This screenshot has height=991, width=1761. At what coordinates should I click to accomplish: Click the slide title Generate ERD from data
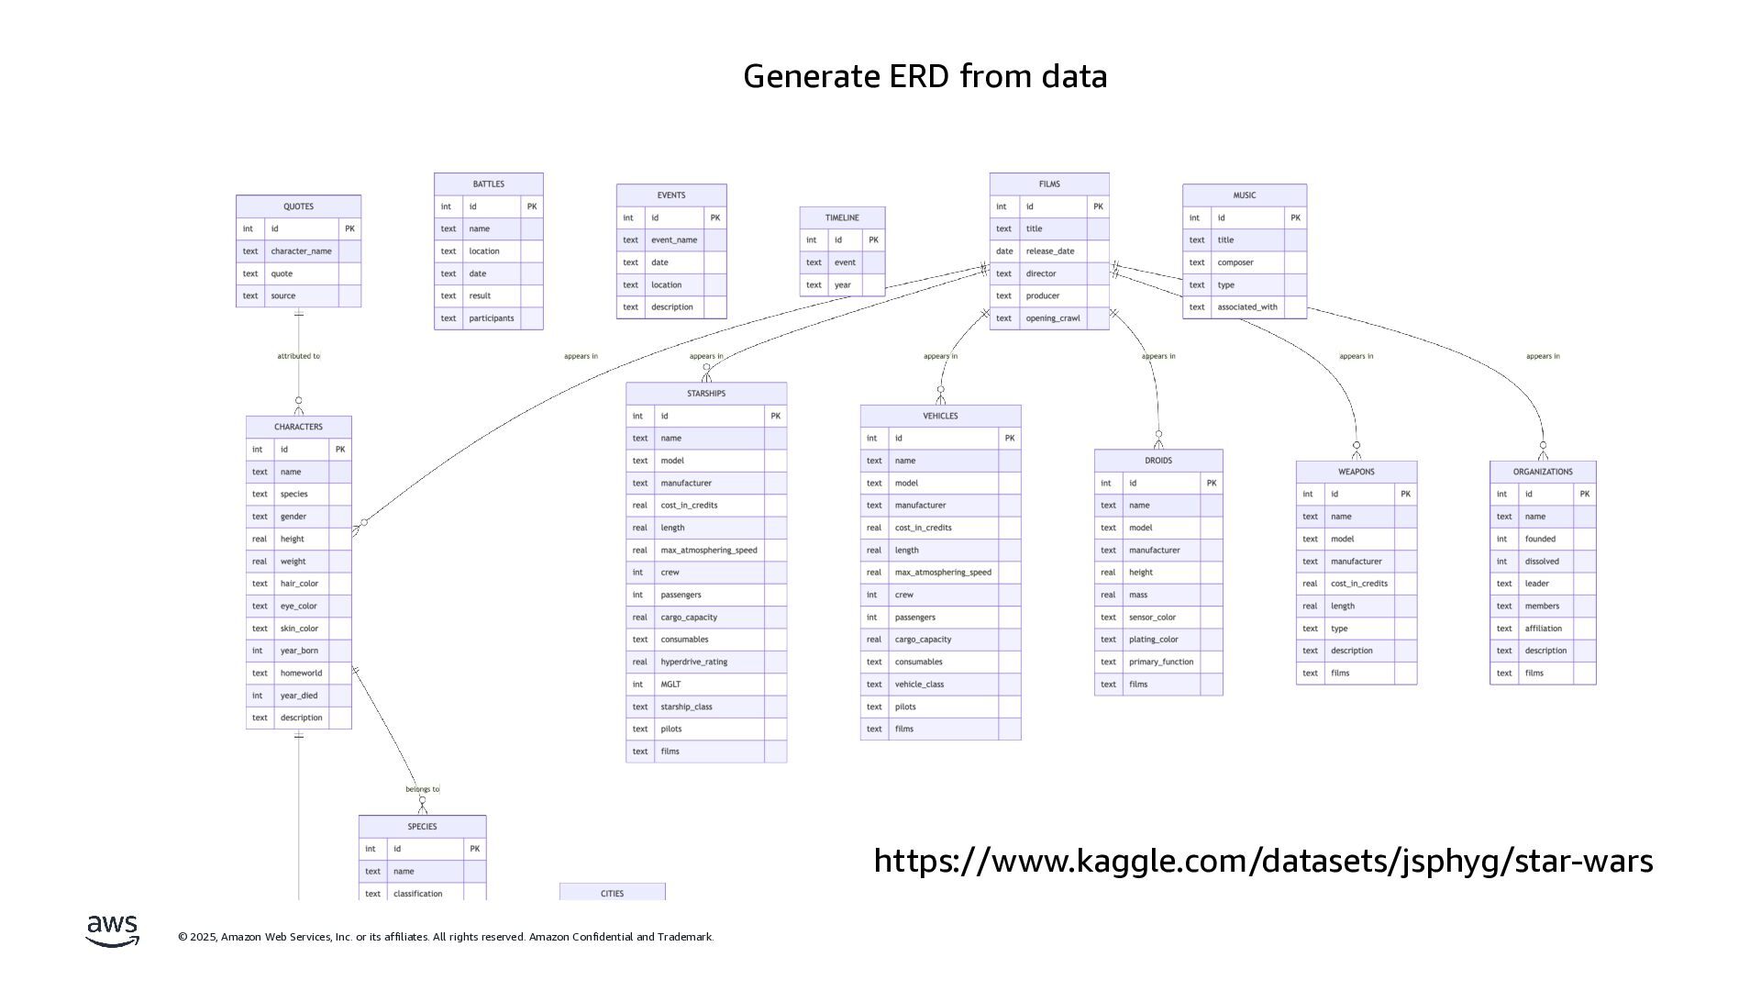925,76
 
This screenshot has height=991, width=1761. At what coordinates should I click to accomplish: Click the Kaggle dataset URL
1263,861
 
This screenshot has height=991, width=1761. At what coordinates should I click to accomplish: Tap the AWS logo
113,930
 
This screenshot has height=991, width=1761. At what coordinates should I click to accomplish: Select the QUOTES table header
298,206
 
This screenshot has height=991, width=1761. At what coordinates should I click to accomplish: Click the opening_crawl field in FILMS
1053,318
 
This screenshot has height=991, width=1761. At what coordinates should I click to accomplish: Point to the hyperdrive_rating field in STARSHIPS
693,662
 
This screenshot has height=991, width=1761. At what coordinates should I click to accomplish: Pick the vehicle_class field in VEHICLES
919,685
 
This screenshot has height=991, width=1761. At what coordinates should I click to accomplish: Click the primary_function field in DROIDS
1160,662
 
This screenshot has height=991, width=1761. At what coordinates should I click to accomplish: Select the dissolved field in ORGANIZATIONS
1541,562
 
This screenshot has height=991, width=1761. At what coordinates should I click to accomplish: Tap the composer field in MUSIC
1235,262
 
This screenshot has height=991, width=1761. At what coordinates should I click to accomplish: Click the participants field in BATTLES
491,318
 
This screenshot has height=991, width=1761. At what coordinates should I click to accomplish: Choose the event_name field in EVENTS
674,240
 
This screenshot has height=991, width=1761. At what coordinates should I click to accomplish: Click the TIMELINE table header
842,217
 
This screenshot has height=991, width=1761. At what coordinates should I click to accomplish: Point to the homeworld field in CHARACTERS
301,674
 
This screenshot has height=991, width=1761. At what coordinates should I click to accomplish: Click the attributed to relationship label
298,356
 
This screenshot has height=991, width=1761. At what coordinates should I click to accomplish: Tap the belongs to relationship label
422,789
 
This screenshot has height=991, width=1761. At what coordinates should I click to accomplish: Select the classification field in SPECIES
417,894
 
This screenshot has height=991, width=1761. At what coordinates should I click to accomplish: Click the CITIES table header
612,893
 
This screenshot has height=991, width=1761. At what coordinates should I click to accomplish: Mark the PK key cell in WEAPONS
1405,495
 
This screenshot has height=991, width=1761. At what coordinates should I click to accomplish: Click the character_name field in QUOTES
301,251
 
